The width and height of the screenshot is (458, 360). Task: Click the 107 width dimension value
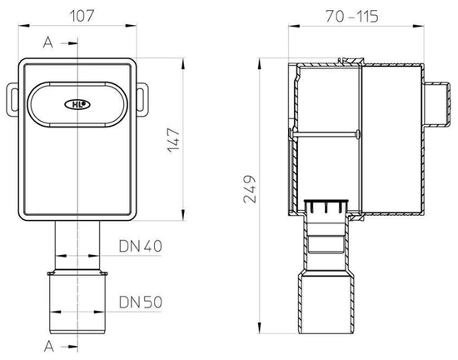point(82,16)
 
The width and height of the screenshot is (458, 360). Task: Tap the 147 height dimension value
point(174,140)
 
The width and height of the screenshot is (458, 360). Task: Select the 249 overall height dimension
point(250,189)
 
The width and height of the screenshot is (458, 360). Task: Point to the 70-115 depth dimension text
point(351,16)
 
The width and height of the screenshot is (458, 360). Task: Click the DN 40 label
point(140,246)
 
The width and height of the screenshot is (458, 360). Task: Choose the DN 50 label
point(141,302)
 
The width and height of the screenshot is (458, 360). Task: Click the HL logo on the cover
point(77,104)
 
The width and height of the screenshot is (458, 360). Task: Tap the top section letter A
point(48,42)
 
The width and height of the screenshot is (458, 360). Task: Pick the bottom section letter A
point(49,347)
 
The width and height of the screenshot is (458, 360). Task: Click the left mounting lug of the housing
point(12,98)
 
